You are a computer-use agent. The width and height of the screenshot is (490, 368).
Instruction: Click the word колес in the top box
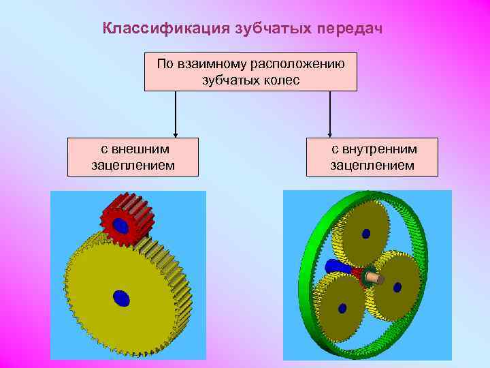coord(282,80)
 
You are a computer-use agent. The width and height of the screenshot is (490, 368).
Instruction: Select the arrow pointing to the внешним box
coord(176,132)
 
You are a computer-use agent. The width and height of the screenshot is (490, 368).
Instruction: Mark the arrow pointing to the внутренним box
coord(330,132)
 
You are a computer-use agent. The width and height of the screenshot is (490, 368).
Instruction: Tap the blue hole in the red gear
coord(122,224)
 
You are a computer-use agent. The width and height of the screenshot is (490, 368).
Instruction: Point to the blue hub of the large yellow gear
coord(120,298)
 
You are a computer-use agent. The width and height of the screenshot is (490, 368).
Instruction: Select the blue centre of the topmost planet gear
coord(366,234)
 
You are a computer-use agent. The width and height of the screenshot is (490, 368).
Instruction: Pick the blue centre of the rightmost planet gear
coord(397,288)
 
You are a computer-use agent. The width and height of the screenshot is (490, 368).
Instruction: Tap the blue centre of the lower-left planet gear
coord(342,307)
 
